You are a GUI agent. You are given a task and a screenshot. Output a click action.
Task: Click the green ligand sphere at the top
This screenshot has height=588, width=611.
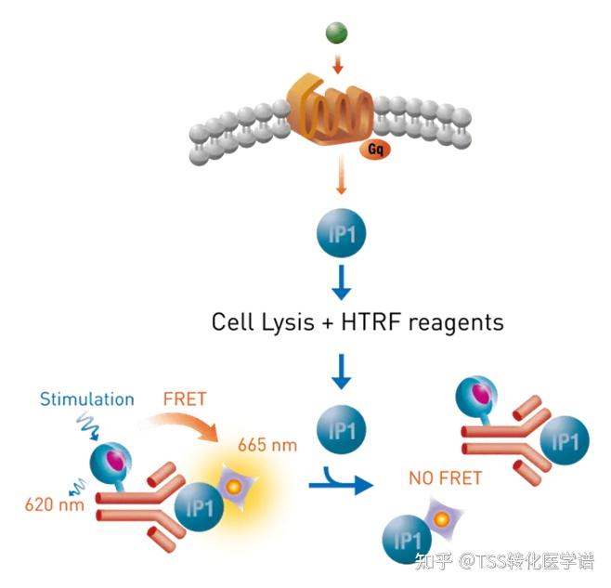pyautogui.click(x=335, y=34)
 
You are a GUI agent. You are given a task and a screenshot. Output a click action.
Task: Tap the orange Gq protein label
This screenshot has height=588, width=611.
pyautogui.click(x=376, y=148)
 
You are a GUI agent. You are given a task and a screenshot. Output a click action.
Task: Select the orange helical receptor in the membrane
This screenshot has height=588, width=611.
pyautogui.click(x=330, y=116)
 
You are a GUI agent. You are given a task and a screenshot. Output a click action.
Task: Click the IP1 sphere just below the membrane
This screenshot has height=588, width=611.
pyautogui.click(x=340, y=235)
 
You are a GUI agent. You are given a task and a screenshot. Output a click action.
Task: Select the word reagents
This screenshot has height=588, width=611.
pyautogui.click(x=459, y=323)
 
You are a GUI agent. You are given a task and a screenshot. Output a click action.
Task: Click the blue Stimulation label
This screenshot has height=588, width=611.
pyautogui.click(x=86, y=399)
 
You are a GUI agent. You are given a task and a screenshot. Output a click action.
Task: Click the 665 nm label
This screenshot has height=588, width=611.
pyautogui.click(x=269, y=445)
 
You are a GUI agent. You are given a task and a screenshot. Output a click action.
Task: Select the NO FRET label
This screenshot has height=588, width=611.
pyautogui.click(x=444, y=479)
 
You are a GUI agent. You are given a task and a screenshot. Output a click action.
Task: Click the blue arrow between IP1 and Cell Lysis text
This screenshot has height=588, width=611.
pyautogui.click(x=340, y=281)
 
